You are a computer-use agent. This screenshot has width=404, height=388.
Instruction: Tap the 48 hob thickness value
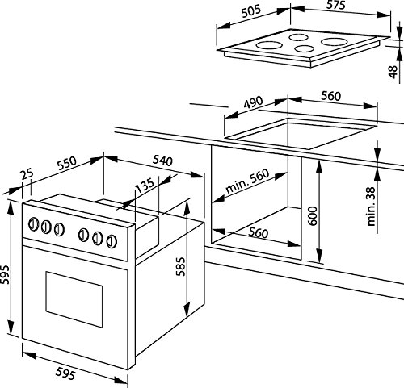click(x=393, y=71)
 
